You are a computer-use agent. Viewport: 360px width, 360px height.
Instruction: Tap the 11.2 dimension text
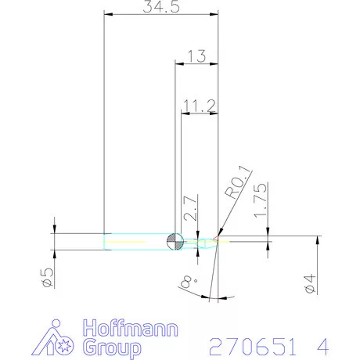(x=199, y=104)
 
